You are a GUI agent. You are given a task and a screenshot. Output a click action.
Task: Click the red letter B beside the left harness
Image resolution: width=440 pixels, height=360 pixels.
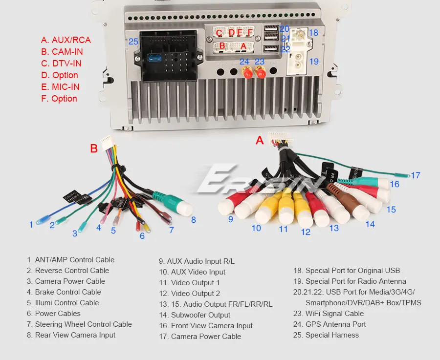[x=94, y=148]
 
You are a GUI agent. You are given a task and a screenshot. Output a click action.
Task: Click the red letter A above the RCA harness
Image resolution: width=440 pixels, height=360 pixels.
[x=260, y=141]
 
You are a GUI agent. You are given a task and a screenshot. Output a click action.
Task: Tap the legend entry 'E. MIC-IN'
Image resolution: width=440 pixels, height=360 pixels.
[x=60, y=87]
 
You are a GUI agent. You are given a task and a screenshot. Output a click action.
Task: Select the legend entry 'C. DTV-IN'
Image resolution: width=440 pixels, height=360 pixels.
[x=61, y=64]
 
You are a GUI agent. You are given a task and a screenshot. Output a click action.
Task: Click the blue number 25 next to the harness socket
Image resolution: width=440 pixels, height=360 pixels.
[x=133, y=42]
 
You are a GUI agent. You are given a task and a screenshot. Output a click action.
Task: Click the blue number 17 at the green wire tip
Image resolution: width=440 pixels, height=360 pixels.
[x=415, y=175]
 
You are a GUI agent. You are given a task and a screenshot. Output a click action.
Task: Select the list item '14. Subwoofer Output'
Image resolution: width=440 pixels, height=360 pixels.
[x=194, y=315]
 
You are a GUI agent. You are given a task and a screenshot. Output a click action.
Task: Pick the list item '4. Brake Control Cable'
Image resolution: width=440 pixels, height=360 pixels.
[x=64, y=292]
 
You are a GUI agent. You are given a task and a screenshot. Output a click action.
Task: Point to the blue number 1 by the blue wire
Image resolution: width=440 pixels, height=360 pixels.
[x=31, y=225]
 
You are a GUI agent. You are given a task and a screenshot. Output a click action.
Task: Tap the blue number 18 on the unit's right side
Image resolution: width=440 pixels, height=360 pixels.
[x=313, y=33]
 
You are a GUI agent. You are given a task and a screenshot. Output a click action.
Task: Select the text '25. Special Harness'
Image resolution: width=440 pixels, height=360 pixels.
[x=326, y=335]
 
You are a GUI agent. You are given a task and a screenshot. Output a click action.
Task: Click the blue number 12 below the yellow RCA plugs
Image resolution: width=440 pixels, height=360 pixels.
[x=306, y=232]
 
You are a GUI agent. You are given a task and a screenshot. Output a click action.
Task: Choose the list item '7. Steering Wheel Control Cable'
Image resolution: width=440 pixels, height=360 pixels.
[x=79, y=324]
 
